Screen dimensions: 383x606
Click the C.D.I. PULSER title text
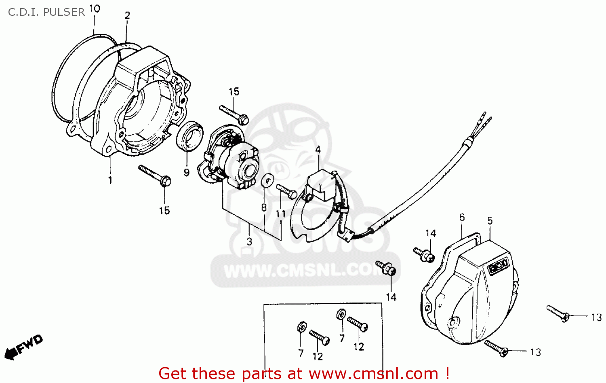coord(46,12)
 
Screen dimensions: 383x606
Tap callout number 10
coord(95,8)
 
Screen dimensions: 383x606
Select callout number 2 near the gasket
coord(127,16)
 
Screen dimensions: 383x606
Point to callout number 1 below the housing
coord(110,180)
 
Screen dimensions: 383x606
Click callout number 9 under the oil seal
coord(186,173)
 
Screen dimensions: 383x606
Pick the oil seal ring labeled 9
coord(190,135)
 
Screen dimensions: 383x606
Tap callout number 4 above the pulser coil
coord(318,150)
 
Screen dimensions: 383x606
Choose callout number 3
coord(249,241)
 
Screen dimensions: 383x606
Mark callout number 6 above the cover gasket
coord(462,218)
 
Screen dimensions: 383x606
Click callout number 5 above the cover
coord(490,221)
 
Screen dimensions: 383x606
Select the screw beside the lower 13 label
coord(496,348)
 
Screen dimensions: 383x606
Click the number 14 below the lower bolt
coord(391,297)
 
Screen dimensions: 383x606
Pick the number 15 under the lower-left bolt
coord(164,211)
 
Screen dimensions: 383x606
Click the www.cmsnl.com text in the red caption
coord(372,373)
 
